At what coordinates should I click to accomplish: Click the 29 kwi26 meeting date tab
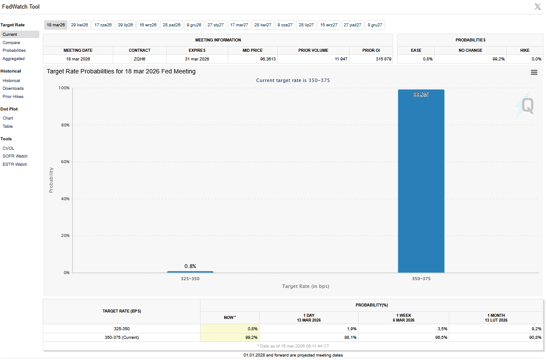(x=79, y=25)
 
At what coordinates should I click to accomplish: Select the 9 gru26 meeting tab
(x=194, y=25)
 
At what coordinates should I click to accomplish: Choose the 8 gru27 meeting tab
(x=375, y=25)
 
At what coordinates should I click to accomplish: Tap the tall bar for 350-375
(x=421, y=181)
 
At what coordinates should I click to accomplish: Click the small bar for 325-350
(x=190, y=272)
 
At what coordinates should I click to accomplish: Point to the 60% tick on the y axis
(x=65, y=162)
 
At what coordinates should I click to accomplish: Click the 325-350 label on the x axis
(x=190, y=279)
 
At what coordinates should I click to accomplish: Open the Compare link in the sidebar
(x=11, y=43)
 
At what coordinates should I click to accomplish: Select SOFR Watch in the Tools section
(x=15, y=156)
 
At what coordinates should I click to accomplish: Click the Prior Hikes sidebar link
(x=13, y=96)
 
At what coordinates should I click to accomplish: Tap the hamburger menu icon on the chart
(x=534, y=73)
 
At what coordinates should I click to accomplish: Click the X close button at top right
(x=537, y=6)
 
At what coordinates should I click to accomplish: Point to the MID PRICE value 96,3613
(x=268, y=59)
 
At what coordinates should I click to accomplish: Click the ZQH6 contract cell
(x=140, y=59)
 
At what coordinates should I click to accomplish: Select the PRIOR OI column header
(x=371, y=51)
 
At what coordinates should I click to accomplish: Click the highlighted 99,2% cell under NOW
(x=230, y=338)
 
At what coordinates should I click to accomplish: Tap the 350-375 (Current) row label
(x=122, y=338)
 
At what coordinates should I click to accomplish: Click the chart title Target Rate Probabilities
(x=121, y=71)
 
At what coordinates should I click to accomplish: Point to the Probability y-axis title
(x=51, y=180)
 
